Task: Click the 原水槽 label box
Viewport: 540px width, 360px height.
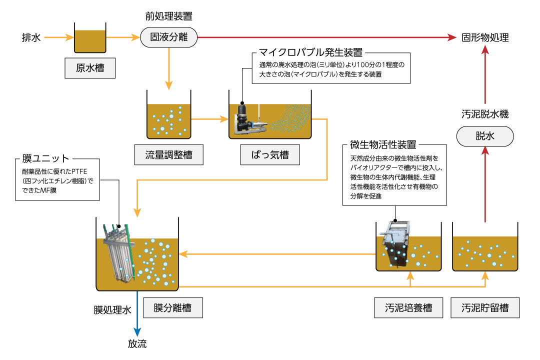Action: click(x=90, y=68)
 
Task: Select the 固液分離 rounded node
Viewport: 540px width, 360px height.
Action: click(x=168, y=37)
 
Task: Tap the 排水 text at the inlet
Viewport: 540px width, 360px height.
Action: click(x=31, y=37)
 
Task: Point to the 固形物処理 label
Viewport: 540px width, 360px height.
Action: click(x=485, y=37)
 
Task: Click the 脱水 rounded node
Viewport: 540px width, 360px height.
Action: click(x=485, y=136)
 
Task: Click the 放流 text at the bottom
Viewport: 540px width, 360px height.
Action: click(x=137, y=344)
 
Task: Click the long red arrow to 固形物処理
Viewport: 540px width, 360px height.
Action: click(x=325, y=37)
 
